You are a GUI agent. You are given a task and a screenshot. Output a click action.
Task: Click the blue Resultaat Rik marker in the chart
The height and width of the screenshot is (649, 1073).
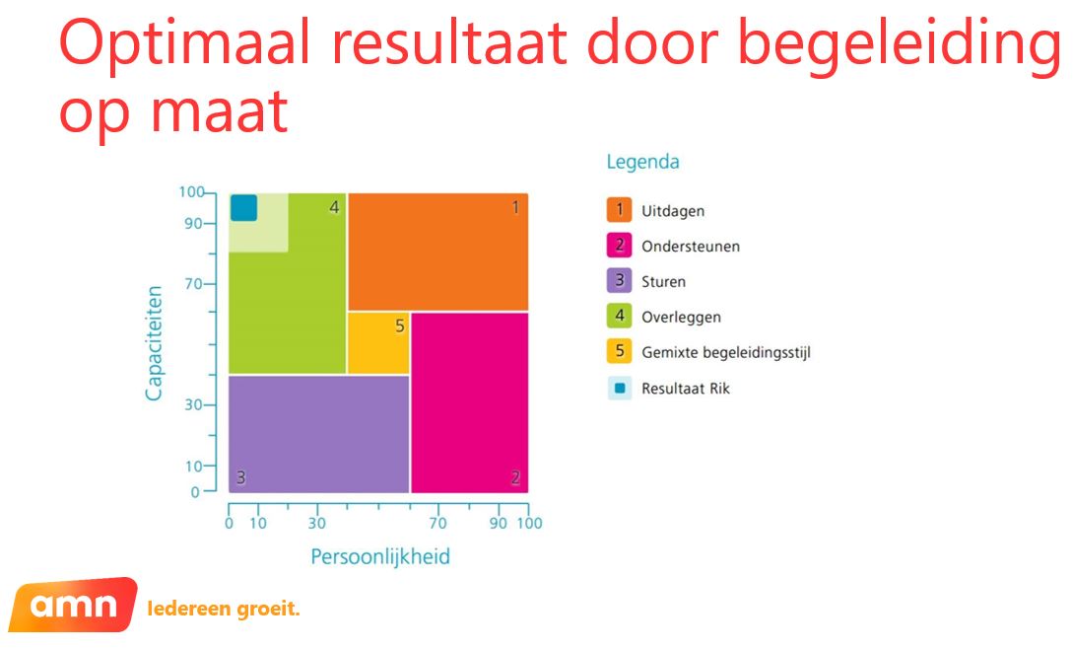pos(243,208)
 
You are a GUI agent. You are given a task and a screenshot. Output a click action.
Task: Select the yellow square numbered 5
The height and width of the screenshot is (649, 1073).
pos(378,342)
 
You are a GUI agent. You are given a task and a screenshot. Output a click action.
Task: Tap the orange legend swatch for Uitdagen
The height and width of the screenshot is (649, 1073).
pos(619,210)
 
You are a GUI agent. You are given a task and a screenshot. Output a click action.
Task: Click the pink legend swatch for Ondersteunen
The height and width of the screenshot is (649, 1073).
pos(619,246)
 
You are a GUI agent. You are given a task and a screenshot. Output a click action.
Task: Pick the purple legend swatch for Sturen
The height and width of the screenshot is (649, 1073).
pos(619,281)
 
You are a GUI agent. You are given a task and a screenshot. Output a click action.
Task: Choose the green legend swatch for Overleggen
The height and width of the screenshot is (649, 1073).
pos(619,316)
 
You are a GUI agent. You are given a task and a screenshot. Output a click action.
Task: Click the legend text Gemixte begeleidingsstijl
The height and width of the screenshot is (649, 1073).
pos(726,353)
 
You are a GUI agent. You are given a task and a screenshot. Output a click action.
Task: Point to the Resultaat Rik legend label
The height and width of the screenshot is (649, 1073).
pos(686,389)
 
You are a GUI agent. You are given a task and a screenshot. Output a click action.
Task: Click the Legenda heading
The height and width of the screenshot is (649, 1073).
pos(642,163)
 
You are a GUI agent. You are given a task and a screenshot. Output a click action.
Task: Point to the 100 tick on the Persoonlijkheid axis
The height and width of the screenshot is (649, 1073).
pos(530,524)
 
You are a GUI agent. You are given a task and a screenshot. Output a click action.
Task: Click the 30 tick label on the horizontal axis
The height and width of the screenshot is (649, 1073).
pos(317,524)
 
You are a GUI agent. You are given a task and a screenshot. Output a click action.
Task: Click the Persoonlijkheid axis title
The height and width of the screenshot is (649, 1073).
pos(380,556)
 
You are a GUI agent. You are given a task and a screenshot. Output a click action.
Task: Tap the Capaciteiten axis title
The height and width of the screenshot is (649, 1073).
pos(154,342)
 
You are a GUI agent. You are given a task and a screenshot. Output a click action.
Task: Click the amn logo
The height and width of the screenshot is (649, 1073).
pos(73,605)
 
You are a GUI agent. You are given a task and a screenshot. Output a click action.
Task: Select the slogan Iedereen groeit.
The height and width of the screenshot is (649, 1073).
pos(224,609)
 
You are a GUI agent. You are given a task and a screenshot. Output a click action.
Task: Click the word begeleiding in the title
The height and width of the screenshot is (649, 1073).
pos(900,44)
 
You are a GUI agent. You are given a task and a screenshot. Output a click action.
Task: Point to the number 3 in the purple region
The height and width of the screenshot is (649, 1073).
pos(240,477)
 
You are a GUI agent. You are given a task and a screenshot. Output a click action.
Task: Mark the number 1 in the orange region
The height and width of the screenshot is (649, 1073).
pos(515,207)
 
